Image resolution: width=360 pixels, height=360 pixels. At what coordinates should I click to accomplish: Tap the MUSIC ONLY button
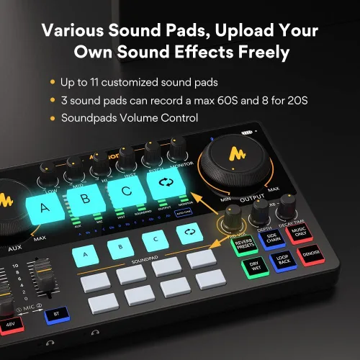click(300, 233)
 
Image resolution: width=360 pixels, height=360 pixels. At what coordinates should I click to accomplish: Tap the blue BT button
click(54, 314)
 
